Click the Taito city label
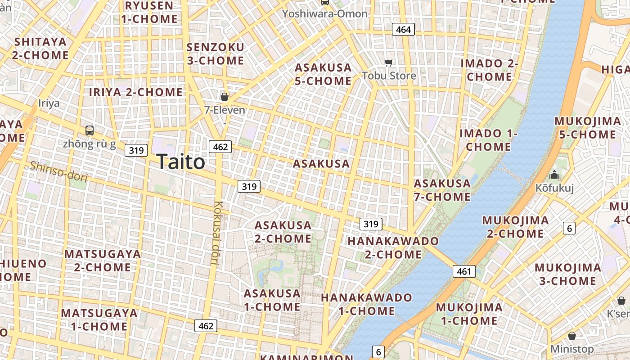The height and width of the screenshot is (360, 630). (x=181, y=162)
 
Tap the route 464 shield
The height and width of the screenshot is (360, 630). (x=403, y=30)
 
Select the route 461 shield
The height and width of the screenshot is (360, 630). (x=463, y=271)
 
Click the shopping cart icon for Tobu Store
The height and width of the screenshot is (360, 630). (x=389, y=63)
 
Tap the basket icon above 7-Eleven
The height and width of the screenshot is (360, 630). (x=224, y=97)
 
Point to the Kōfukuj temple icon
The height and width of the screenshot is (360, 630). (x=554, y=175)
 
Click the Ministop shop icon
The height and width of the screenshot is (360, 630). (x=572, y=336)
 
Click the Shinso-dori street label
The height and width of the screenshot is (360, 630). (x=58, y=171)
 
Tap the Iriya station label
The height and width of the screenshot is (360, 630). (x=49, y=103)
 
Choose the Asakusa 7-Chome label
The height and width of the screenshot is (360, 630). (x=442, y=190)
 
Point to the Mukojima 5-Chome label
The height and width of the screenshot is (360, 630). (x=587, y=128)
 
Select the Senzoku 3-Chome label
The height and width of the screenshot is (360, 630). (x=215, y=54)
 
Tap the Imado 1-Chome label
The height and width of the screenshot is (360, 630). (x=488, y=140)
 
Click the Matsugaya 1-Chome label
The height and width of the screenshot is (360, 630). (x=99, y=319)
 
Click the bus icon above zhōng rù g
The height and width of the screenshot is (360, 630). (x=90, y=130)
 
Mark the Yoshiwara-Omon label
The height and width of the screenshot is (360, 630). (x=324, y=13)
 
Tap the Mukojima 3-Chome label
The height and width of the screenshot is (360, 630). (x=567, y=274)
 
